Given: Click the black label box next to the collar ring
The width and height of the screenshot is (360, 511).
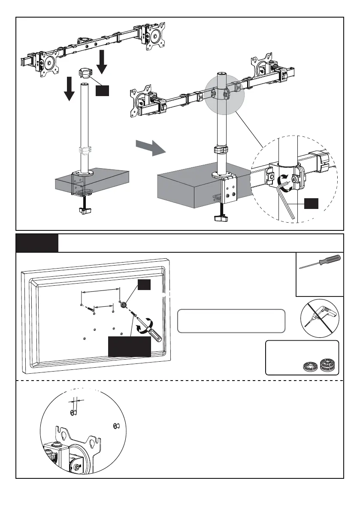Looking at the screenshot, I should tap(102, 91).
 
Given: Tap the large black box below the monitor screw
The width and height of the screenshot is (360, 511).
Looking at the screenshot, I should tap(129, 346).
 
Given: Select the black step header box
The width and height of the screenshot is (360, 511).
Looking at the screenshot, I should tap(37, 243).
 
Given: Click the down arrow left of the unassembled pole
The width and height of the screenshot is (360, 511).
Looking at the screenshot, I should tap(68, 88).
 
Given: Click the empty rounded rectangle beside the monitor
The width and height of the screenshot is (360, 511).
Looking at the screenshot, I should tap(231, 321).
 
